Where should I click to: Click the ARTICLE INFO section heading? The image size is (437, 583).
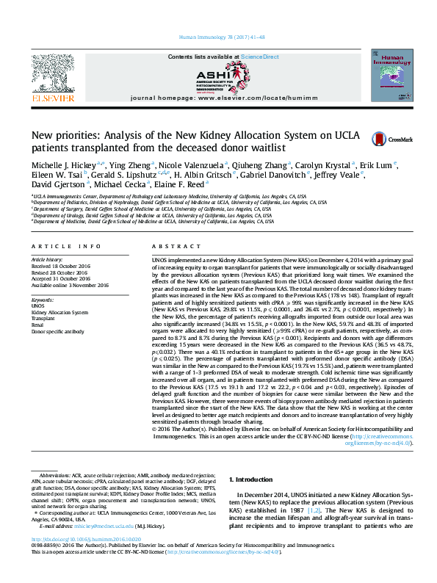65,246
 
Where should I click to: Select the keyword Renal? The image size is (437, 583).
37,324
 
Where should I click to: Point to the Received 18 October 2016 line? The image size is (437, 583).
60,266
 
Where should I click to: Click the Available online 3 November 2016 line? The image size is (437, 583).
69,284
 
